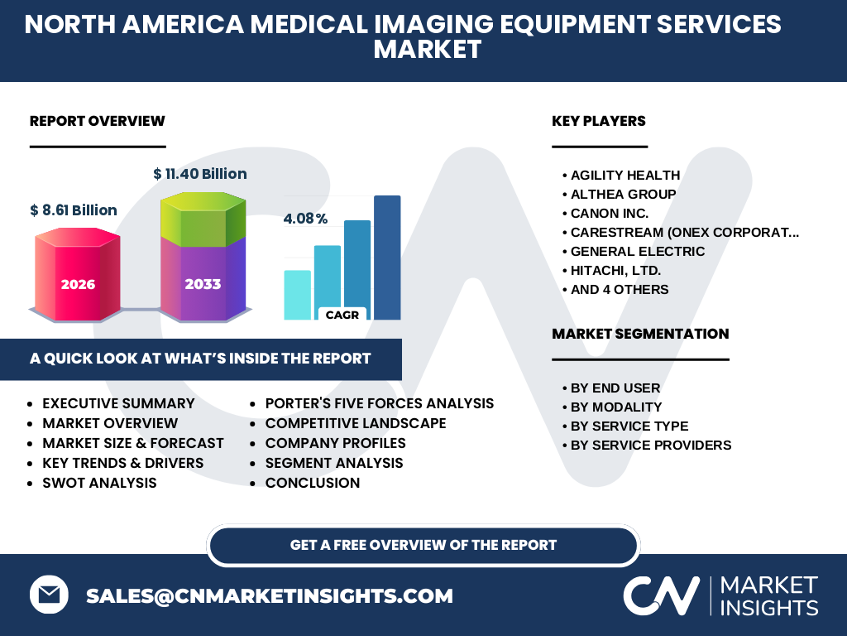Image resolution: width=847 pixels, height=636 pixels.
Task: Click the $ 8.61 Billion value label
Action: [x=74, y=210]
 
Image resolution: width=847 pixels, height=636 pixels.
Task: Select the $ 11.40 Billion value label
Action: [x=200, y=174]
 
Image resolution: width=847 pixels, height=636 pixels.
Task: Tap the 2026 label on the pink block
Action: [x=78, y=285]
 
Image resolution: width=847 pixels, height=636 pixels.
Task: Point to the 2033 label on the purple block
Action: [x=203, y=284]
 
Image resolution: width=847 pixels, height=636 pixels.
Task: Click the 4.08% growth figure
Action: [x=305, y=219]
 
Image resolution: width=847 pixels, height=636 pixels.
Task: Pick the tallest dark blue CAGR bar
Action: [x=387, y=258]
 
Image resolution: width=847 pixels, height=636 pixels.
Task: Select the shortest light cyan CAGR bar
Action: [x=298, y=295]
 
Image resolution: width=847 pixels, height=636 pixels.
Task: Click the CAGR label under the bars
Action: [x=342, y=315]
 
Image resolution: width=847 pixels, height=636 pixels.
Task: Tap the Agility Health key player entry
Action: [x=625, y=176]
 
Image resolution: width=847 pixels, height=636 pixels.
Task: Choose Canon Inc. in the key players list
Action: [x=610, y=213]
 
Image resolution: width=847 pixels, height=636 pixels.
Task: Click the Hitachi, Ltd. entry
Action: [x=615, y=271]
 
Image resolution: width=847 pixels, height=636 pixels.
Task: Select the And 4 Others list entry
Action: [x=620, y=289]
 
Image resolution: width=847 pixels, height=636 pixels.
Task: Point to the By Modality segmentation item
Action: [x=615, y=407]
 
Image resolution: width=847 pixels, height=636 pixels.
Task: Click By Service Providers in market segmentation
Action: [x=651, y=445]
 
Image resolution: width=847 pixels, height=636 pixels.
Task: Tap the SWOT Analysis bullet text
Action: [x=99, y=483]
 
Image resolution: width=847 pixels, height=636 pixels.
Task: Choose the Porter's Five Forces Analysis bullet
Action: [x=379, y=403]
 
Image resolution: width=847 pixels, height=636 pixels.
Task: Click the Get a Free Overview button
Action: [x=423, y=545]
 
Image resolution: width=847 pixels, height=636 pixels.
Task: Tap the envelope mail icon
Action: [x=49, y=595]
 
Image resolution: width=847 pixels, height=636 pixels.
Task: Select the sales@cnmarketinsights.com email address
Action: [x=269, y=595]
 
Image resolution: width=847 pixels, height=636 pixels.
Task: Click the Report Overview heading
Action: [x=98, y=121]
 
